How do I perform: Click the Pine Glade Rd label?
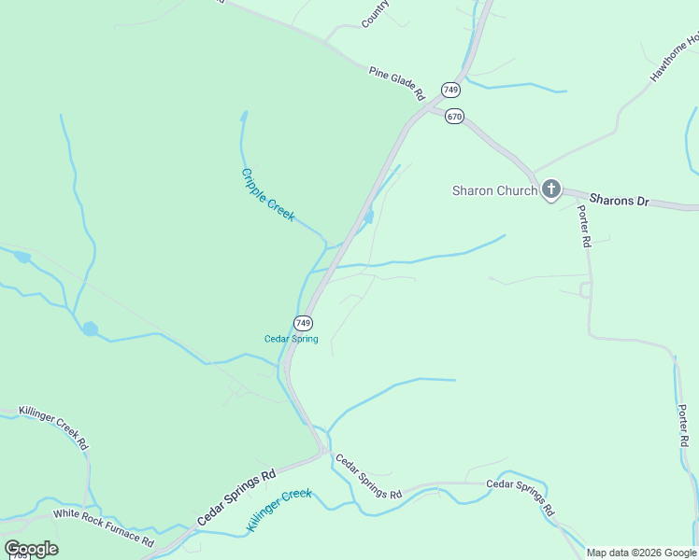[x=396, y=83]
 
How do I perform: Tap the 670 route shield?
[x=454, y=117]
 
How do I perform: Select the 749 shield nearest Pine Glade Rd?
[x=451, y=90]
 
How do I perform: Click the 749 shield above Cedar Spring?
[x=303, y=323]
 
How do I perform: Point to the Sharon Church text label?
[x=494, y=190]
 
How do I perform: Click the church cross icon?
[x=551, y=190]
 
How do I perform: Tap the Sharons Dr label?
[x=619, y=200]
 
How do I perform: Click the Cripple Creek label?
[x=268, y=194]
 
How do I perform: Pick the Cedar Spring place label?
[x=292, y=339]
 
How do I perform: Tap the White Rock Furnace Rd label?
[x=103, y=526]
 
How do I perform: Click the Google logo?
[x=31, y=549]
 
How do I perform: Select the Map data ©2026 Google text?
[x=641, y=553]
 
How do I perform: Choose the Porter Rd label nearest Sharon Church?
[x=585, y=227]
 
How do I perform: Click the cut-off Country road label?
[x=375, y=12]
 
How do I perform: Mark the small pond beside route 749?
[x=369, y=217]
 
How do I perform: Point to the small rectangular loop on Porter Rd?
[x=586, y=290]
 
